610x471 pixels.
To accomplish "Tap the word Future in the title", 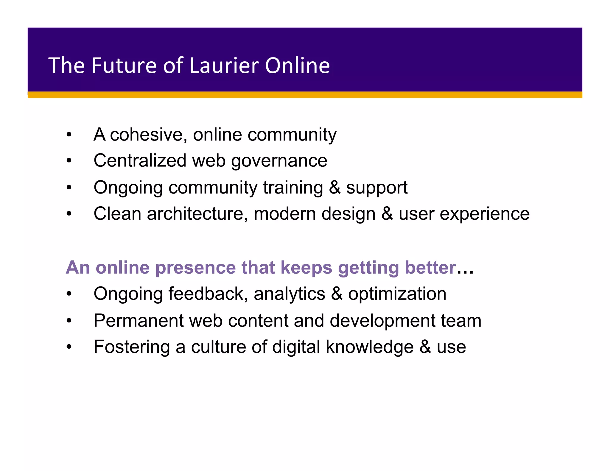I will click(124, 65).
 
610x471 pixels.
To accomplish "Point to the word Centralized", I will click(140, 161).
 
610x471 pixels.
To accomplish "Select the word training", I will click(293, 188).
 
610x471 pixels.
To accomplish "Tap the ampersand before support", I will click(335, 188).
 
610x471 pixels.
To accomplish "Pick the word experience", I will click(485, 214).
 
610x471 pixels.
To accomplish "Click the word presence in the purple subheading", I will click(195, 268).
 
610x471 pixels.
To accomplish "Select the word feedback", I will click(208, 294).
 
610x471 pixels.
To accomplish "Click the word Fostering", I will click(132, 347).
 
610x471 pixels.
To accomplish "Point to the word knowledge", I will click(370, 347).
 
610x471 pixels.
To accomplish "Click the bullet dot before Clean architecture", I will click(69, 214).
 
